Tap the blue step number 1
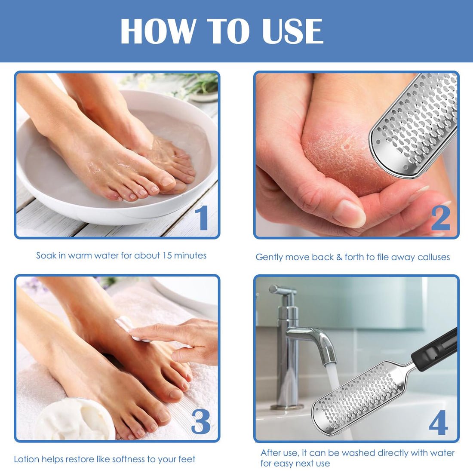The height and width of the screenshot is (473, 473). [x=202, y=218]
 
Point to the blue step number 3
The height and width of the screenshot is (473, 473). [x=201, y=421]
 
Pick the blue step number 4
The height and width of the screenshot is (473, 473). [x=439, y=422]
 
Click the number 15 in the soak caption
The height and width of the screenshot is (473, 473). [x=167, y=255]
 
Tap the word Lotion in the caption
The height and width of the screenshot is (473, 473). [x=27, y=459]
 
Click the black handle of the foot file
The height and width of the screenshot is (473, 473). [x=434, y=350]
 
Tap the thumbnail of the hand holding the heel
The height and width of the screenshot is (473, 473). [x=350, y=213]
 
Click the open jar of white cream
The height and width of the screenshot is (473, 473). [x=75, y=419]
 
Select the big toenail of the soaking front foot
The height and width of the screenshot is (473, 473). [x=168, y=181]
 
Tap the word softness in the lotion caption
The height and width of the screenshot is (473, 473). [x=129, y=459]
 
